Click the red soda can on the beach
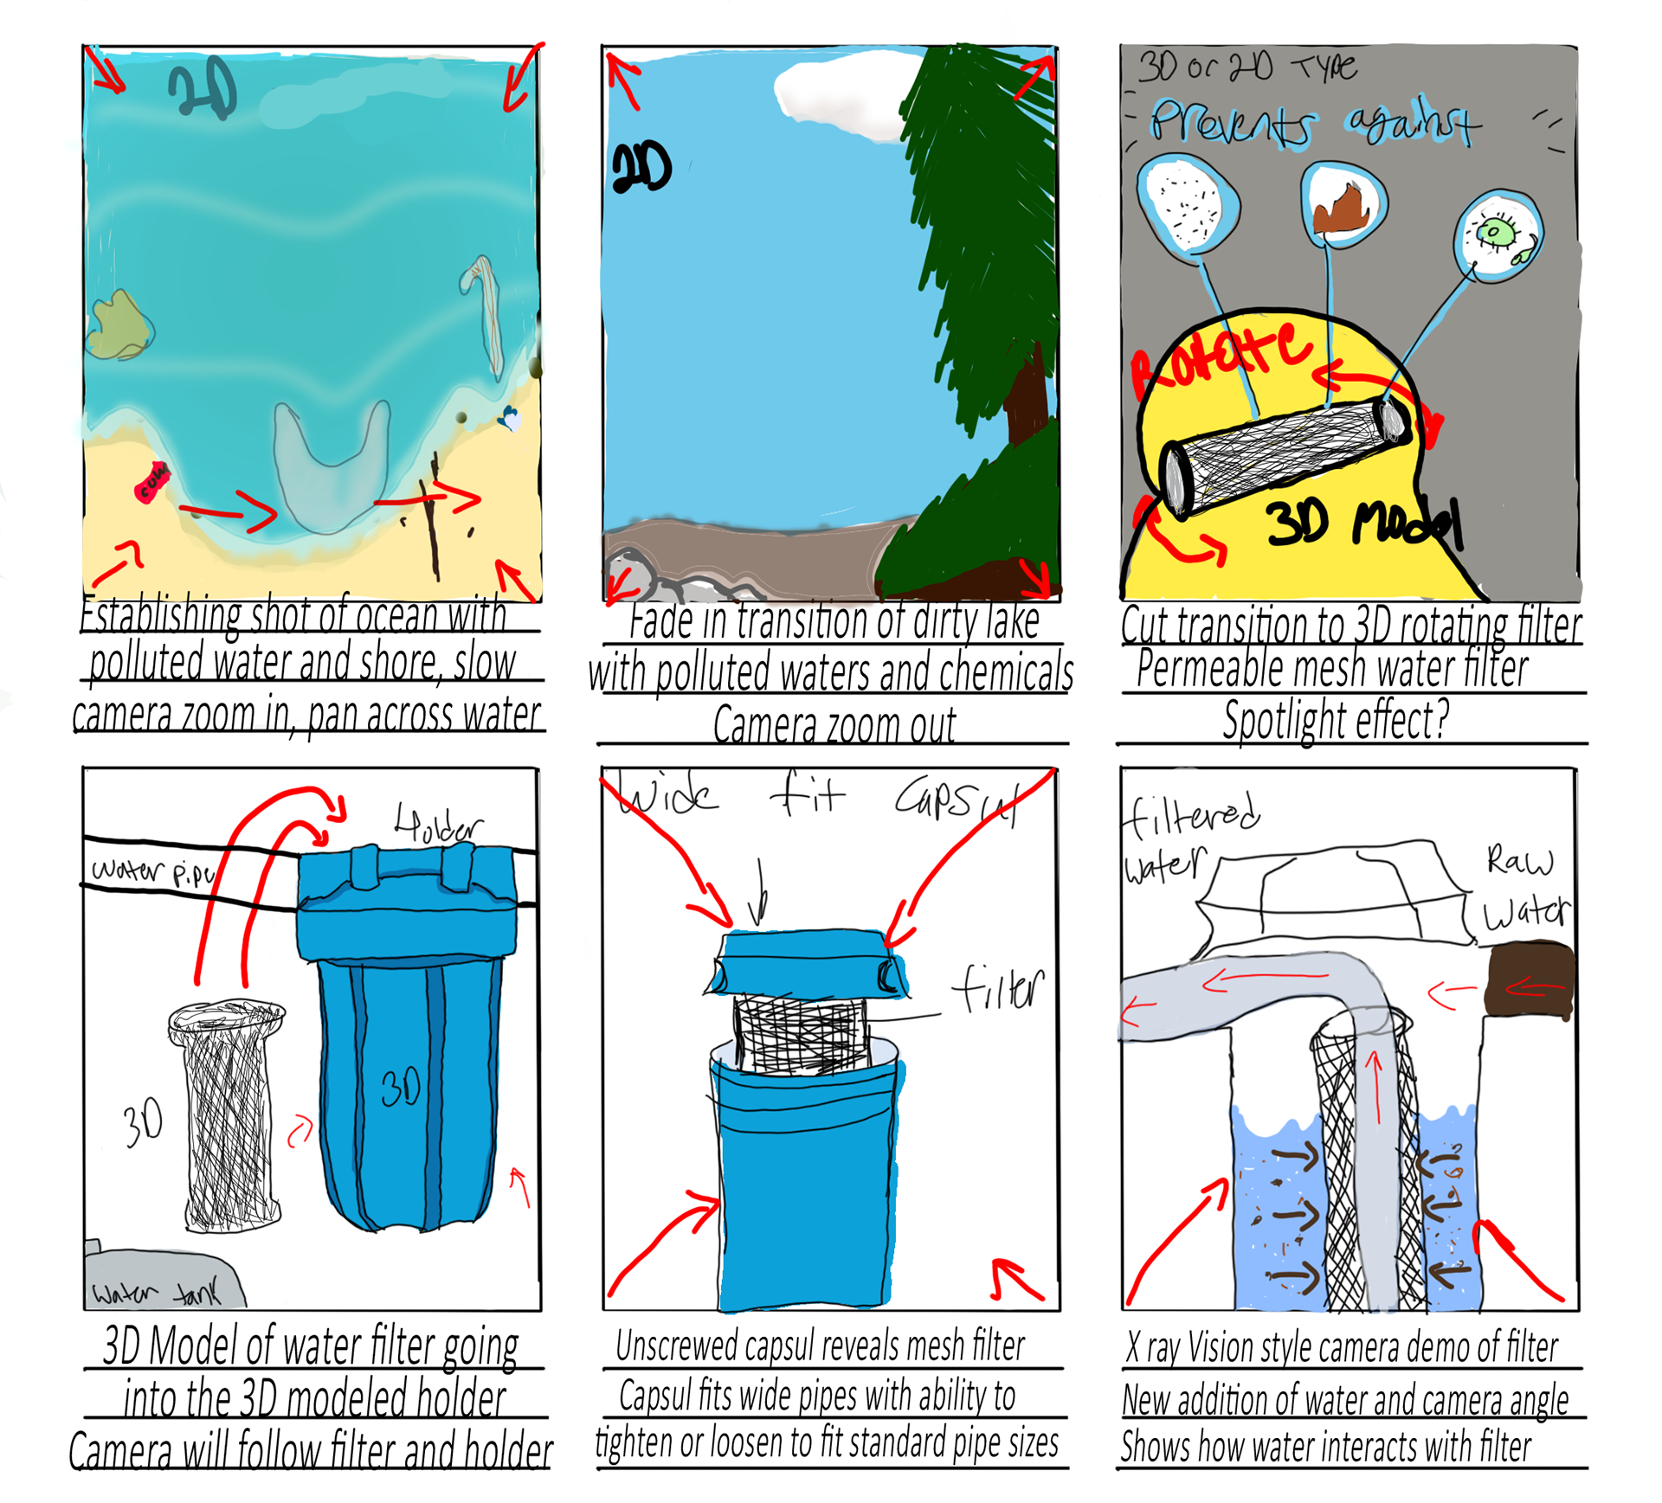pyautogui.click(x=151, y=481)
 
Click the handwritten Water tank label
pyautogui.click(x=156, y=1293)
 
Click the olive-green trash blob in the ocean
pyautogui.click(x=119, y=325)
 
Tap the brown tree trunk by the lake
pyautogui.click(x=1028, y=398)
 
